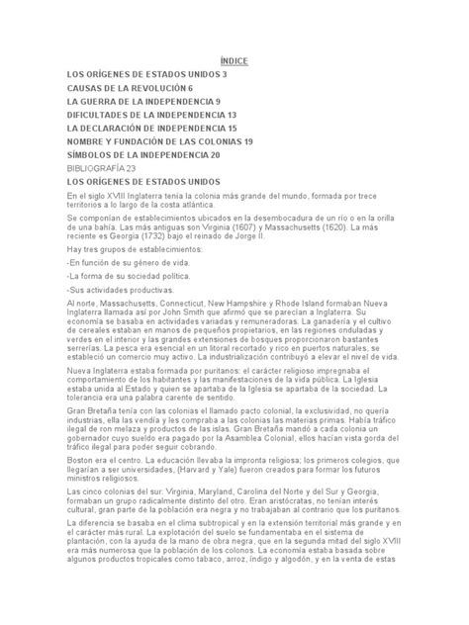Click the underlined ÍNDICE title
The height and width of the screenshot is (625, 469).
(234, 61)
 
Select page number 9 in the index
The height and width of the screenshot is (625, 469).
(204, 101)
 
